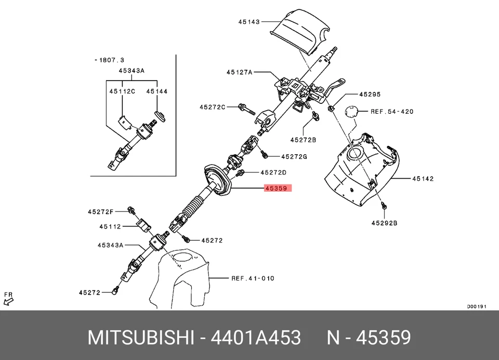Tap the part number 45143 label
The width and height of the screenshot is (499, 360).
(x=249, y=22)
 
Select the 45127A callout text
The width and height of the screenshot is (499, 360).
(x=239, y=73)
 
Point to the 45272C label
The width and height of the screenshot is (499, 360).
(x=212, y=108)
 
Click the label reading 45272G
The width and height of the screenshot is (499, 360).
(x=294, y=156)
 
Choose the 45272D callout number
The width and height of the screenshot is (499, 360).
(x=273, y=172)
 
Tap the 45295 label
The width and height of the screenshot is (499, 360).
(x=370, y=95)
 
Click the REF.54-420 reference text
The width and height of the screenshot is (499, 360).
(x=392, y=111)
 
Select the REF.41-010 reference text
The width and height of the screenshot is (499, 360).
(x=253, y=278)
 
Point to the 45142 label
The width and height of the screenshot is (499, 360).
(x=423, y=179)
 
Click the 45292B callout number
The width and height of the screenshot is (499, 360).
(x=384, y=223)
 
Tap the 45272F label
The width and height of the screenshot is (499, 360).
(x=100, y=211)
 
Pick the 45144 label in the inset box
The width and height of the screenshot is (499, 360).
(x=156, y=91)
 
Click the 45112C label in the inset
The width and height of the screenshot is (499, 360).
(x=122, y=91)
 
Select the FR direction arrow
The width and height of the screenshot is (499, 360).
(x=8, y=298)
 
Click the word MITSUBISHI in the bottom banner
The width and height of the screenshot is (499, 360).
(x=139, y=338)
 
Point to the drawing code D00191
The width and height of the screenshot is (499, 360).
(x=476, y=306)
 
